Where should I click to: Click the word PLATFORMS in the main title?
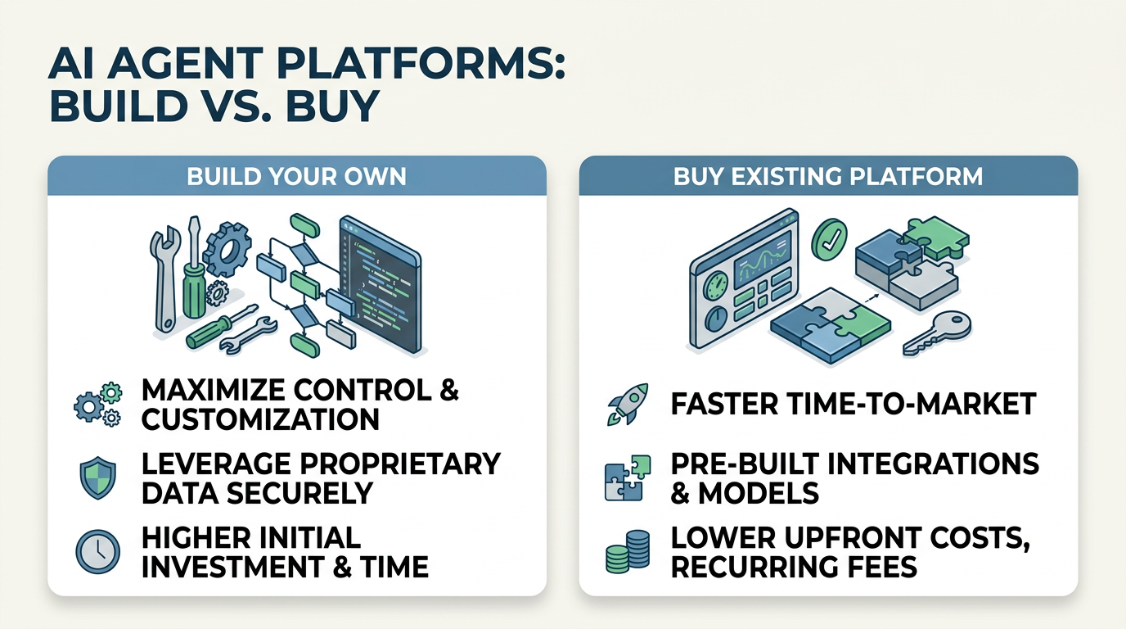399,63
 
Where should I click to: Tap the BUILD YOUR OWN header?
296,176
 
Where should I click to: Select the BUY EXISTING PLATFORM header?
828,176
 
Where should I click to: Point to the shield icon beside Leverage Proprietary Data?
97,478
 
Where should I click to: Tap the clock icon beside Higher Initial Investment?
97,551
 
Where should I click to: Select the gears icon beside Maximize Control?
97,404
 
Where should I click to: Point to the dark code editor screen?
380,282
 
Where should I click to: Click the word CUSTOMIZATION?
260,419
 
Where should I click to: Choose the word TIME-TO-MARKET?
897,404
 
